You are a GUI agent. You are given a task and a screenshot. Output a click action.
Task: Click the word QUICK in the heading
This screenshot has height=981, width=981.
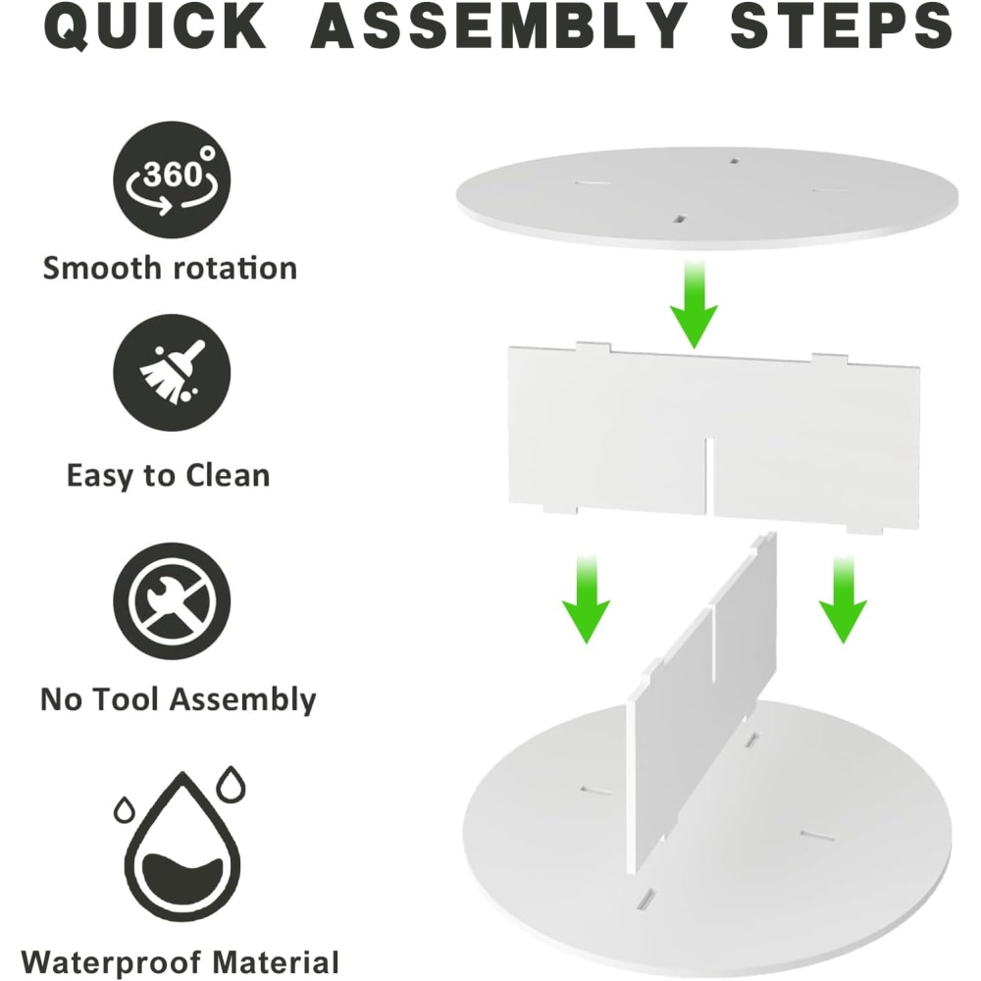(x=155, y=26)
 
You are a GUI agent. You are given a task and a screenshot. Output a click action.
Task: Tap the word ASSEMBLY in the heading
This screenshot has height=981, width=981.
(x=498, y=26)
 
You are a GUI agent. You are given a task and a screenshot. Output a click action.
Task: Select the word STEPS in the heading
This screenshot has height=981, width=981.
(x=842, y=26)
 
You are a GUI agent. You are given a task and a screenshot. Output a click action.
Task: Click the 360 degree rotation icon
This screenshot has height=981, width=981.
(x=172, y=180)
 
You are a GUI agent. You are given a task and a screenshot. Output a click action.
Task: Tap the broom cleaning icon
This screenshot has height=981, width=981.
(x=172, y=372)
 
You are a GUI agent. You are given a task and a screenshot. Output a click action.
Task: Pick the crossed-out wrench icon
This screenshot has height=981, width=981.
(x=172, y=600)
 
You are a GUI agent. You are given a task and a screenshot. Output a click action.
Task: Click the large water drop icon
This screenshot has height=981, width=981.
(x=182, y=846)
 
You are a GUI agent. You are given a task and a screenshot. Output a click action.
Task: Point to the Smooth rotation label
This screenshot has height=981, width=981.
(x=170, y=268)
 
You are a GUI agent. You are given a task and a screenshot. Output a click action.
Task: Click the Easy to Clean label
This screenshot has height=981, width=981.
(x=169, y=476)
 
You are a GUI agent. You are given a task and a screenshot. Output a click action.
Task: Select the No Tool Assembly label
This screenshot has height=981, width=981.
(x=179, y=699)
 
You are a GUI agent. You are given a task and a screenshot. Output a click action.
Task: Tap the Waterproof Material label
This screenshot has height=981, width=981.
(x=181, y=962)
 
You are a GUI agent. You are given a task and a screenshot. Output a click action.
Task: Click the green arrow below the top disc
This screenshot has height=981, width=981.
(x=694, y=305)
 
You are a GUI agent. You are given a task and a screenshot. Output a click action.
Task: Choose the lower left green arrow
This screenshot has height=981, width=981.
(x=586, y=598)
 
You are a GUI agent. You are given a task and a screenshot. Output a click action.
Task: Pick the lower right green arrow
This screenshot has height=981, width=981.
(x=843, y=598)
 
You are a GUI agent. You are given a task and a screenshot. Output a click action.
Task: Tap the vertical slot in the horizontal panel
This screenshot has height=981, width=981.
(x=710, y=477)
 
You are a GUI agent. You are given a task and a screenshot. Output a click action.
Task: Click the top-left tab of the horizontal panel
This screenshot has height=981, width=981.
(x=594, y=346)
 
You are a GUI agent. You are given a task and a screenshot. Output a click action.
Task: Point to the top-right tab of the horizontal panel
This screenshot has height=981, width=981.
(x=830, y=358)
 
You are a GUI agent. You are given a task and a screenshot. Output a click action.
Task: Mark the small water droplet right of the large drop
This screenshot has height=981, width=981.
(x=231, y=784)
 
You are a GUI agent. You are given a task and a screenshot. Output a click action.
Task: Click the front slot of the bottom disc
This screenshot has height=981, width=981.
(x=645, y=899)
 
